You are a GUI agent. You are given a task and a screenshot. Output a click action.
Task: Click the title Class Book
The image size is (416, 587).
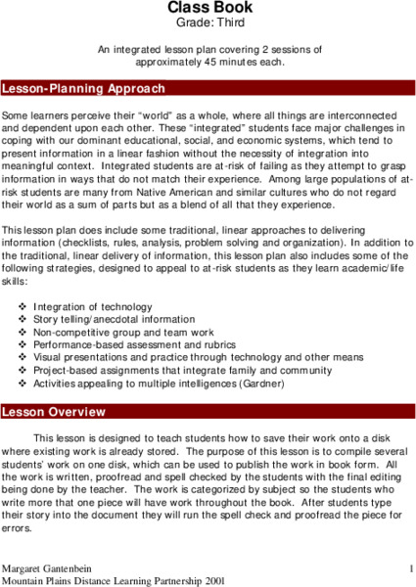tap(208, 7)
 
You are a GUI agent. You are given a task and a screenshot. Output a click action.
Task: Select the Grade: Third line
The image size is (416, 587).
tap(208, 22)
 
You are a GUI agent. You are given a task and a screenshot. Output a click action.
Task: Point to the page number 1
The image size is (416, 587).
tap(411, 567)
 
